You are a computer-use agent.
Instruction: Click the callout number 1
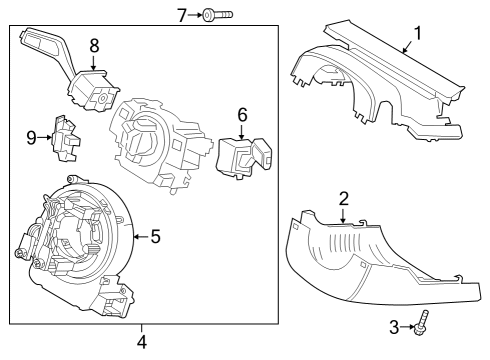pyautogui.click(x=417, y=32)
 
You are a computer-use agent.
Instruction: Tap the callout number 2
pyautogui.click(x=343, y=199)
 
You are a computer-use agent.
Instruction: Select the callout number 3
pyautogui.click(x=393, y=326)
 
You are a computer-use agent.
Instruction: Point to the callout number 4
pyautogui.click(x=141, y=342)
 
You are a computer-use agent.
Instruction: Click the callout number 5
pyautogui.click(x=155, y=237)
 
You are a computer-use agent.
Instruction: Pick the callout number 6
pyautogui.click(x=241, y=115)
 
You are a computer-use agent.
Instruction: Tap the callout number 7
pyautogui.click(x=182, y=15)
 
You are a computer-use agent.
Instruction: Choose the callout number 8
pyautogui.click(x=94, y=45)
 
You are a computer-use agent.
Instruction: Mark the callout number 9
pyautogui.click(x=31, y=137)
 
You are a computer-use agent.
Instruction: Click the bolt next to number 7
pyautogui.click(x=217, y=15)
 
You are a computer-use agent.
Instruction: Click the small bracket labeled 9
pyautogui.click(x=66, y=137)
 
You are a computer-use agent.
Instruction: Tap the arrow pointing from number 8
pyautogui.click(x=94, y=63)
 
